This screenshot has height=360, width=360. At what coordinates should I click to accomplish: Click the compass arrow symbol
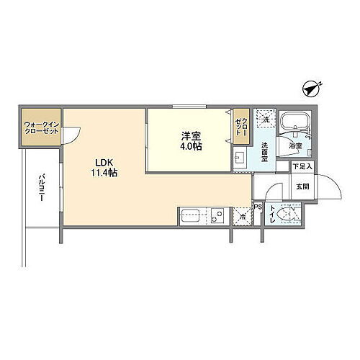(310, 89)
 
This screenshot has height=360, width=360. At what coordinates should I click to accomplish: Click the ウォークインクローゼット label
(40, 127)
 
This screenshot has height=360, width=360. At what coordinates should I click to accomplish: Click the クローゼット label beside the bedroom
(240, 128)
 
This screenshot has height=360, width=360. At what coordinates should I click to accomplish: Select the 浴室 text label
(296, 145)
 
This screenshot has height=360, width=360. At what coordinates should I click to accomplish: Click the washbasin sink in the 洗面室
(240, 158)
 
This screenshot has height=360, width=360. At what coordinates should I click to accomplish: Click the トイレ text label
(271, 214)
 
